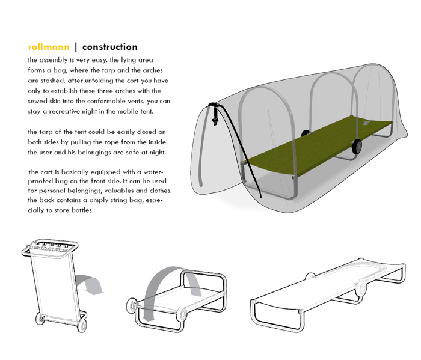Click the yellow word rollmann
pos(49,47)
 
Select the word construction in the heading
pos(110,47)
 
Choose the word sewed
pos(40,100)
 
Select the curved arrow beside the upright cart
pos(89,282)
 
